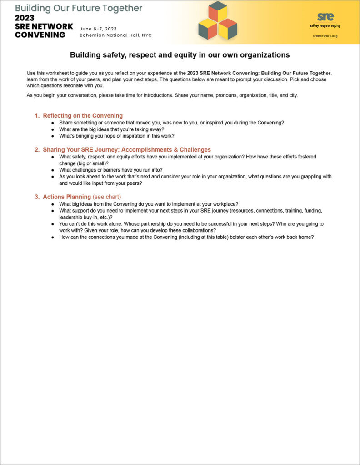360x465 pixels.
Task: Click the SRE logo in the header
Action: click(325, 17)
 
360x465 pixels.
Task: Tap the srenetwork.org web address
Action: click(325, 36)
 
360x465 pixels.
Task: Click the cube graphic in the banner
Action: click(218, 20)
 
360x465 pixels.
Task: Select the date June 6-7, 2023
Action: click(98, 29)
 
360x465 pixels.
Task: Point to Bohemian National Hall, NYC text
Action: click(115, 35)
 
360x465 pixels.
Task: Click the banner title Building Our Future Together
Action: click(79, 8)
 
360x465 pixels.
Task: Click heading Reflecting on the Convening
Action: click(83, 116)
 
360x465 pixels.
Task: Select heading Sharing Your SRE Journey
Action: click(127, 149)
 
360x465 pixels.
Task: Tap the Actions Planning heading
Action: click(67, 197)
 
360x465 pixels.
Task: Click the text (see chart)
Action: click(107, 197)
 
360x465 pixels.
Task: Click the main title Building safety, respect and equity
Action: click(180, 55)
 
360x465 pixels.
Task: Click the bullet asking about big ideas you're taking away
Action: click(112, 129)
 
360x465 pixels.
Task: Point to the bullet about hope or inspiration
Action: click(117, 136)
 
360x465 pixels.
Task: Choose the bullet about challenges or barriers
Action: click(111, 170)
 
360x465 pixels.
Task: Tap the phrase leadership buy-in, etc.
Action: click(86, 217)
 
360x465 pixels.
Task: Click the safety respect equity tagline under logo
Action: click(325, 26)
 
